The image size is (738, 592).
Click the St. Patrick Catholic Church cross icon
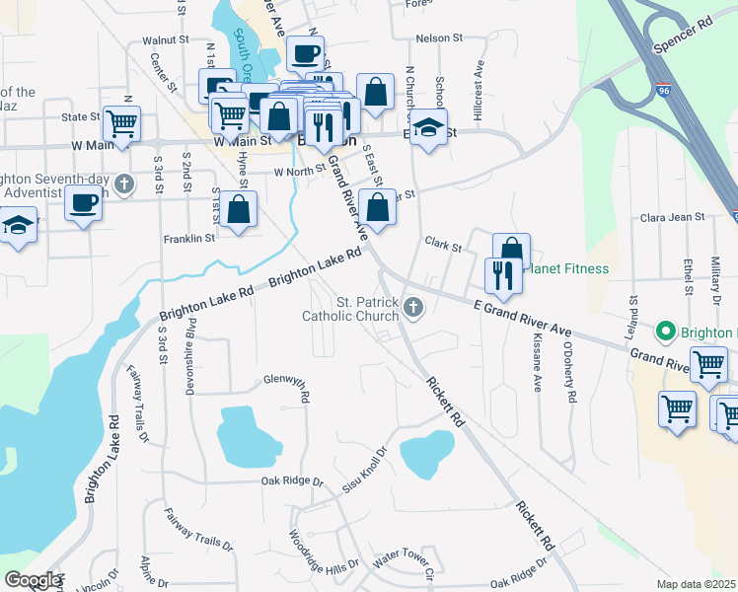[413, 311]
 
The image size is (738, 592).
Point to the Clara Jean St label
[673, 216]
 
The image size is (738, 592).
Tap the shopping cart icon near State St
[121, 123]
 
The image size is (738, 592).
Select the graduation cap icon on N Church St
[428, 127]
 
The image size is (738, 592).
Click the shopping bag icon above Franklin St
[239, 209]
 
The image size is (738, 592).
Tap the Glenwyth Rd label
[287, 381]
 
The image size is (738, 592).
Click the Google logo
[33, 580]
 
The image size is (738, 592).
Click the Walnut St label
[165, 40]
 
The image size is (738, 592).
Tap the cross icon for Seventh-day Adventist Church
[124, 184]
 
